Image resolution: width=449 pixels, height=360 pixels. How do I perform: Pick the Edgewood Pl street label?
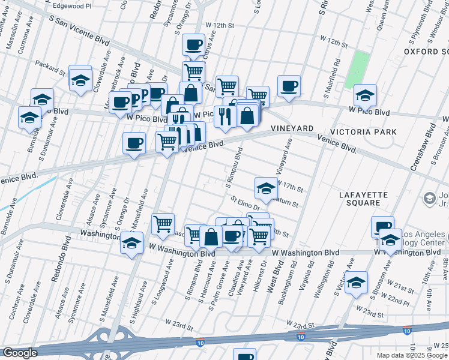(70, 5)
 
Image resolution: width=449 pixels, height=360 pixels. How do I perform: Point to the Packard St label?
(50, 67)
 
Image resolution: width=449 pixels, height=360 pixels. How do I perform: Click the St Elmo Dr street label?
(244, 203)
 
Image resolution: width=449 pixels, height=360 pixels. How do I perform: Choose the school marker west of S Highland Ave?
(131, 243)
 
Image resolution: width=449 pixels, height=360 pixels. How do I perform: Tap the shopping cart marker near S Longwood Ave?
(163, 224)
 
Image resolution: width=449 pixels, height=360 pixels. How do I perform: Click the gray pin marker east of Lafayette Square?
(430, 198)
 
